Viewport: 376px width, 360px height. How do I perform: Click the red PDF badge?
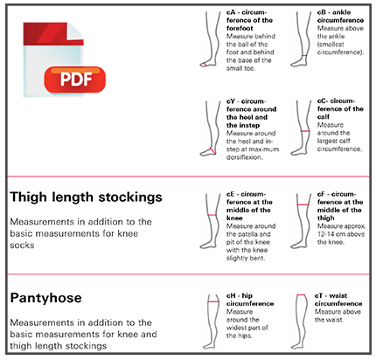(75, 80)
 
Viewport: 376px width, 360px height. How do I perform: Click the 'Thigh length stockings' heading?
(86, 197)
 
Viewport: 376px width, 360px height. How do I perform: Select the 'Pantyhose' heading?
(46, 298)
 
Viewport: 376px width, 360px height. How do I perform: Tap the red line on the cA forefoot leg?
(205, 65)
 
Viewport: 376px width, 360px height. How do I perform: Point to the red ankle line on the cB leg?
(304, 55)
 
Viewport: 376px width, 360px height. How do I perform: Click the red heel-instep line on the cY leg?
(212, 150)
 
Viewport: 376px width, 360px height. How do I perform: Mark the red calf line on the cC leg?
(305, 131)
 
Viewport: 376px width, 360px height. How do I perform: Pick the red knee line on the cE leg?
(212, 215)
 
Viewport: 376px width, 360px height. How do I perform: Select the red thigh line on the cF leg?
(303, 204)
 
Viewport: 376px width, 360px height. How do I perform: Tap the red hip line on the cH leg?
(213, 301)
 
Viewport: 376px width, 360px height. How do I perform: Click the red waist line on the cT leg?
(301, 295)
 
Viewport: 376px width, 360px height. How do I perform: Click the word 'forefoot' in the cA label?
(240, 28)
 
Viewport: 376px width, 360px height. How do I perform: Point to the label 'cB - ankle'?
(334, 12)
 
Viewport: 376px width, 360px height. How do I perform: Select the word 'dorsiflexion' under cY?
(244, 157)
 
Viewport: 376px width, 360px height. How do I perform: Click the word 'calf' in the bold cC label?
(324, 117)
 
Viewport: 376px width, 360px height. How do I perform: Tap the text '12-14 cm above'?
(341, 234)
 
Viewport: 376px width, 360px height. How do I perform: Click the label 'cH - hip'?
(240, 295)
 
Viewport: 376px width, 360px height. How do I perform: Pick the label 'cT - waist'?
(331, 295)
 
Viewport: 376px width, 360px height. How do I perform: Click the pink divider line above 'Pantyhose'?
(188, 274)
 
